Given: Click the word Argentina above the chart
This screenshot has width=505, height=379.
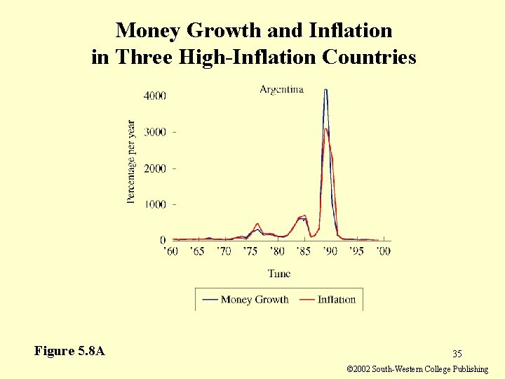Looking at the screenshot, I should [x=281, y=89].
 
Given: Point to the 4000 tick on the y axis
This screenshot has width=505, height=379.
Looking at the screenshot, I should [x=155, y=95].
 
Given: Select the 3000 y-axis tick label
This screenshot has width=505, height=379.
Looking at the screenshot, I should [x=155, y=132].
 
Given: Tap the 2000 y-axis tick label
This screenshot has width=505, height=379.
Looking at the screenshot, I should [x=155, y=168].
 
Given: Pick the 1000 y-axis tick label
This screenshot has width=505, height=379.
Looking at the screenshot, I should [x=155, y=204].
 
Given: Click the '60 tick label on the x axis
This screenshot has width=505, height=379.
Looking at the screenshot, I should [x=170, y=251].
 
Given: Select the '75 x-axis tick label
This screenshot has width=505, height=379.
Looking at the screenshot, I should [x=251, y=251].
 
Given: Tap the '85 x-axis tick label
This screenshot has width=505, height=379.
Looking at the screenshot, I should [x=304, y=251].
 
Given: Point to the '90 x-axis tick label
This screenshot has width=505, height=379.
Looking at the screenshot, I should [x=330, y=251].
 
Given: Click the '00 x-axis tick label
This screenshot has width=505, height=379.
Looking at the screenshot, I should [x=383, y=251].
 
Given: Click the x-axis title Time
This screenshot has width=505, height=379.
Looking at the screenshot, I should [x=278, y=273].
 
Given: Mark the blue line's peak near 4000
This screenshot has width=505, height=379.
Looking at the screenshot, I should [x=326, y=90].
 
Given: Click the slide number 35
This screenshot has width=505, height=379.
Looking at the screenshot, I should [x=457, y=353].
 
